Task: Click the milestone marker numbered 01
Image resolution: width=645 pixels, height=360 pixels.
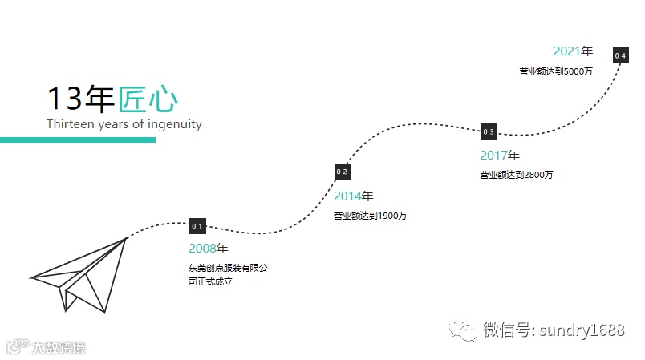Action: pyautogui.click(x=198, y=226)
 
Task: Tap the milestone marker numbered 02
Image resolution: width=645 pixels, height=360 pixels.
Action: pyautogui.click(x=343, y=172)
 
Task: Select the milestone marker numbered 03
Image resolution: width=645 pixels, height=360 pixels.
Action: pyautogui.click(x=489, y=131)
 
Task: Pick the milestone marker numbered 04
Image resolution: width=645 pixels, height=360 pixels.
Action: pyautogui.click(x=620, y=55)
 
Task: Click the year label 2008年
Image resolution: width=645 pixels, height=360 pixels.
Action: pyautogui.click(x=209, y=248)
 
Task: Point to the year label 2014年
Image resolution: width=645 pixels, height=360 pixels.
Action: pyautogui.click(x=354, y=196)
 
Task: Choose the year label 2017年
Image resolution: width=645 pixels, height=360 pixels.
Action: pyautogui.click(x=500, y=156)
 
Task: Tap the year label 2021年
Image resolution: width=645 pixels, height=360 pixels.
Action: pyautogui.click(x=573, y=51)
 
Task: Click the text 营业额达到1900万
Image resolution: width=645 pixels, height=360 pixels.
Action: pyautogui.click(x=370, y=215)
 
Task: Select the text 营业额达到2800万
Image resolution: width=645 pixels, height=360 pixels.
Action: pyautogui.click(x=516, y=175)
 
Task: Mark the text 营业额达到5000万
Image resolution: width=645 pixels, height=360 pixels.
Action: pyautogui.click(x=555, y=71)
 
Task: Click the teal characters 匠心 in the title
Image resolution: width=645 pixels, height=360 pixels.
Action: pyautogui.click(x=148, y=99)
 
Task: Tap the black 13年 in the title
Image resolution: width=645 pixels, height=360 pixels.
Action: pyautogui.click(x=81, y=99)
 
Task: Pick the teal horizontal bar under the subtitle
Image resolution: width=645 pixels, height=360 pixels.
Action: pyautogui.click(x=77, y=140)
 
